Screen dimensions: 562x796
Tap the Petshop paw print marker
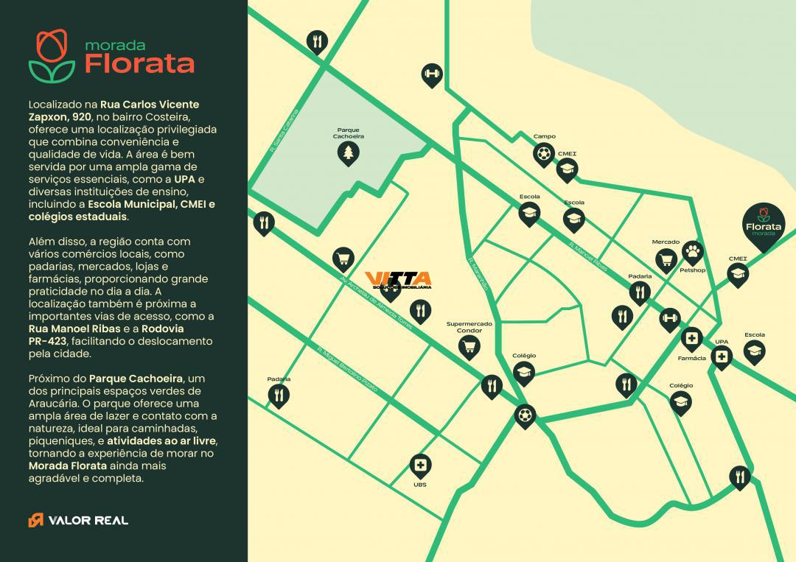pyautogui.click(x=692, y=252)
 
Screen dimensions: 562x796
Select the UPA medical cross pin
pyautogui.click(x=722, y=358)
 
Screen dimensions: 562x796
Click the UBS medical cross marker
pyautogui.click(x=420, y=465)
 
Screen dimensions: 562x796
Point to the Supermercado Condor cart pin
pyautogui.click(x=469, y=346)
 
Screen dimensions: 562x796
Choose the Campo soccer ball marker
pyautogui.click(x=544, y=154)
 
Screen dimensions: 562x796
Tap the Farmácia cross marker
pyautogui.click(x=691, y=339)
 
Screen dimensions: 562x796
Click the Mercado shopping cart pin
pyautogui.click(x=666, y=259)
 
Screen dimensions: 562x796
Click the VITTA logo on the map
pyautogui.click(x=398, y=280)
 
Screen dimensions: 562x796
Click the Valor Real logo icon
pyautogui.click(x=35, y=520)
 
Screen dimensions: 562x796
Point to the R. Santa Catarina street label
pyautogui.click(x=283, y=133)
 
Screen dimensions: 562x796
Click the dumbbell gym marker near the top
pyautogui.click(x=431, y=74)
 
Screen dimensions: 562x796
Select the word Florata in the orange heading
pyautogui.click(x=139, y=63)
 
